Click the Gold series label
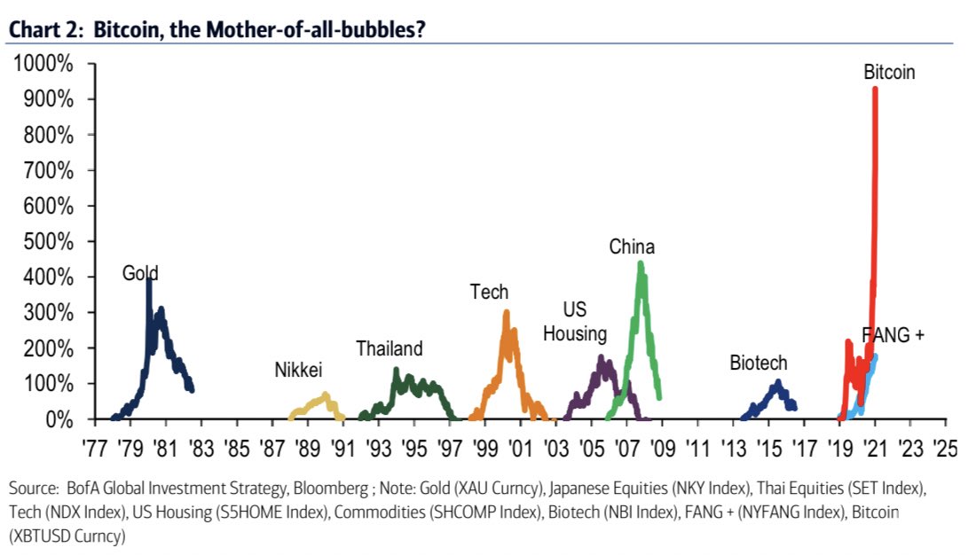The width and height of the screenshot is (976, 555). (x=140, y=273)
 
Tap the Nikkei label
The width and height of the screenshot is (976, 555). (x=298, y=370)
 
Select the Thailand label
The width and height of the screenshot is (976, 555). (x=390, y=348)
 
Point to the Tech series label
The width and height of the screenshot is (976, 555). (x=489, y=292)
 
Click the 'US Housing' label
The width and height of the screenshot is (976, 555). (x=575, y=322)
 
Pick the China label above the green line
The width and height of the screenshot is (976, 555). (x=632, y=247)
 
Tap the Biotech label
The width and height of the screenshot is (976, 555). (x=759, y=363)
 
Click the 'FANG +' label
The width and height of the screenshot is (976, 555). (x=893, y=334)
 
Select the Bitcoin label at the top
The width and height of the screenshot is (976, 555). (x=889, y=73)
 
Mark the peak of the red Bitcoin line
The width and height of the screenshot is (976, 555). (x=876, y=89)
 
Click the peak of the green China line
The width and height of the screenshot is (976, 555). (x=641, y=263)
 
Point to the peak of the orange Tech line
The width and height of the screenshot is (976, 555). (x=507, y=312)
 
